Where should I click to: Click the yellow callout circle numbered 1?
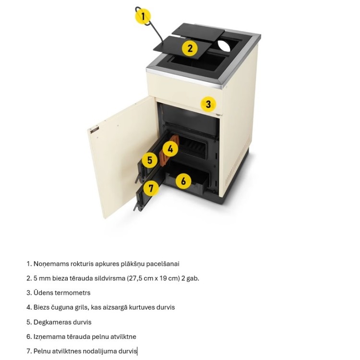pyautogui.click(x=143, y=16)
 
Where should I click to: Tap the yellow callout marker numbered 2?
pyautogui.click(x=190, y=48)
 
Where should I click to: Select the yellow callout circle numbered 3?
pyautogui.click(x=208, y=104)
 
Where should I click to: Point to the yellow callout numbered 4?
pyautogui.click(x=170, y=149)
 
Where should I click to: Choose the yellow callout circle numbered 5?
pyautogui.click(x=150, y=160)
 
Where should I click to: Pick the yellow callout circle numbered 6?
pyautogui.click(x=183, y=181)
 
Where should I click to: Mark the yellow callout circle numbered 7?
pyautogui.click(x=151, y=188)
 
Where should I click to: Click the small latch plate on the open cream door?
pyautogui.click(x=95, y=130)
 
